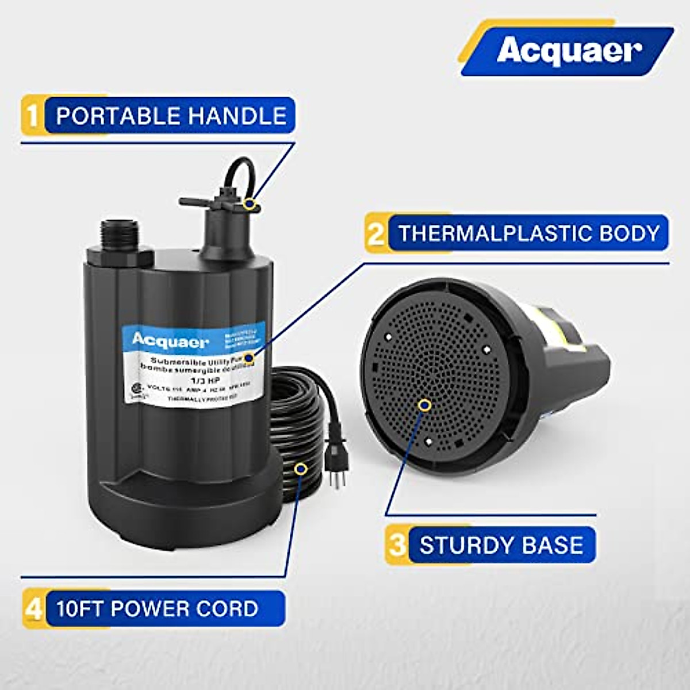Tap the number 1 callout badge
[x=33, y=116]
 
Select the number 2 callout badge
[x=375, y=233]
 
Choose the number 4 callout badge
[x=34, y=608]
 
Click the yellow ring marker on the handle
[x=249, y=203]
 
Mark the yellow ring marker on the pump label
[x=249, y=358]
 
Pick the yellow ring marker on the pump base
[x=425, y=405]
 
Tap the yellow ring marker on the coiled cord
[x=300, y=469]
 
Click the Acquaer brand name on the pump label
[x=170, y=341]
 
